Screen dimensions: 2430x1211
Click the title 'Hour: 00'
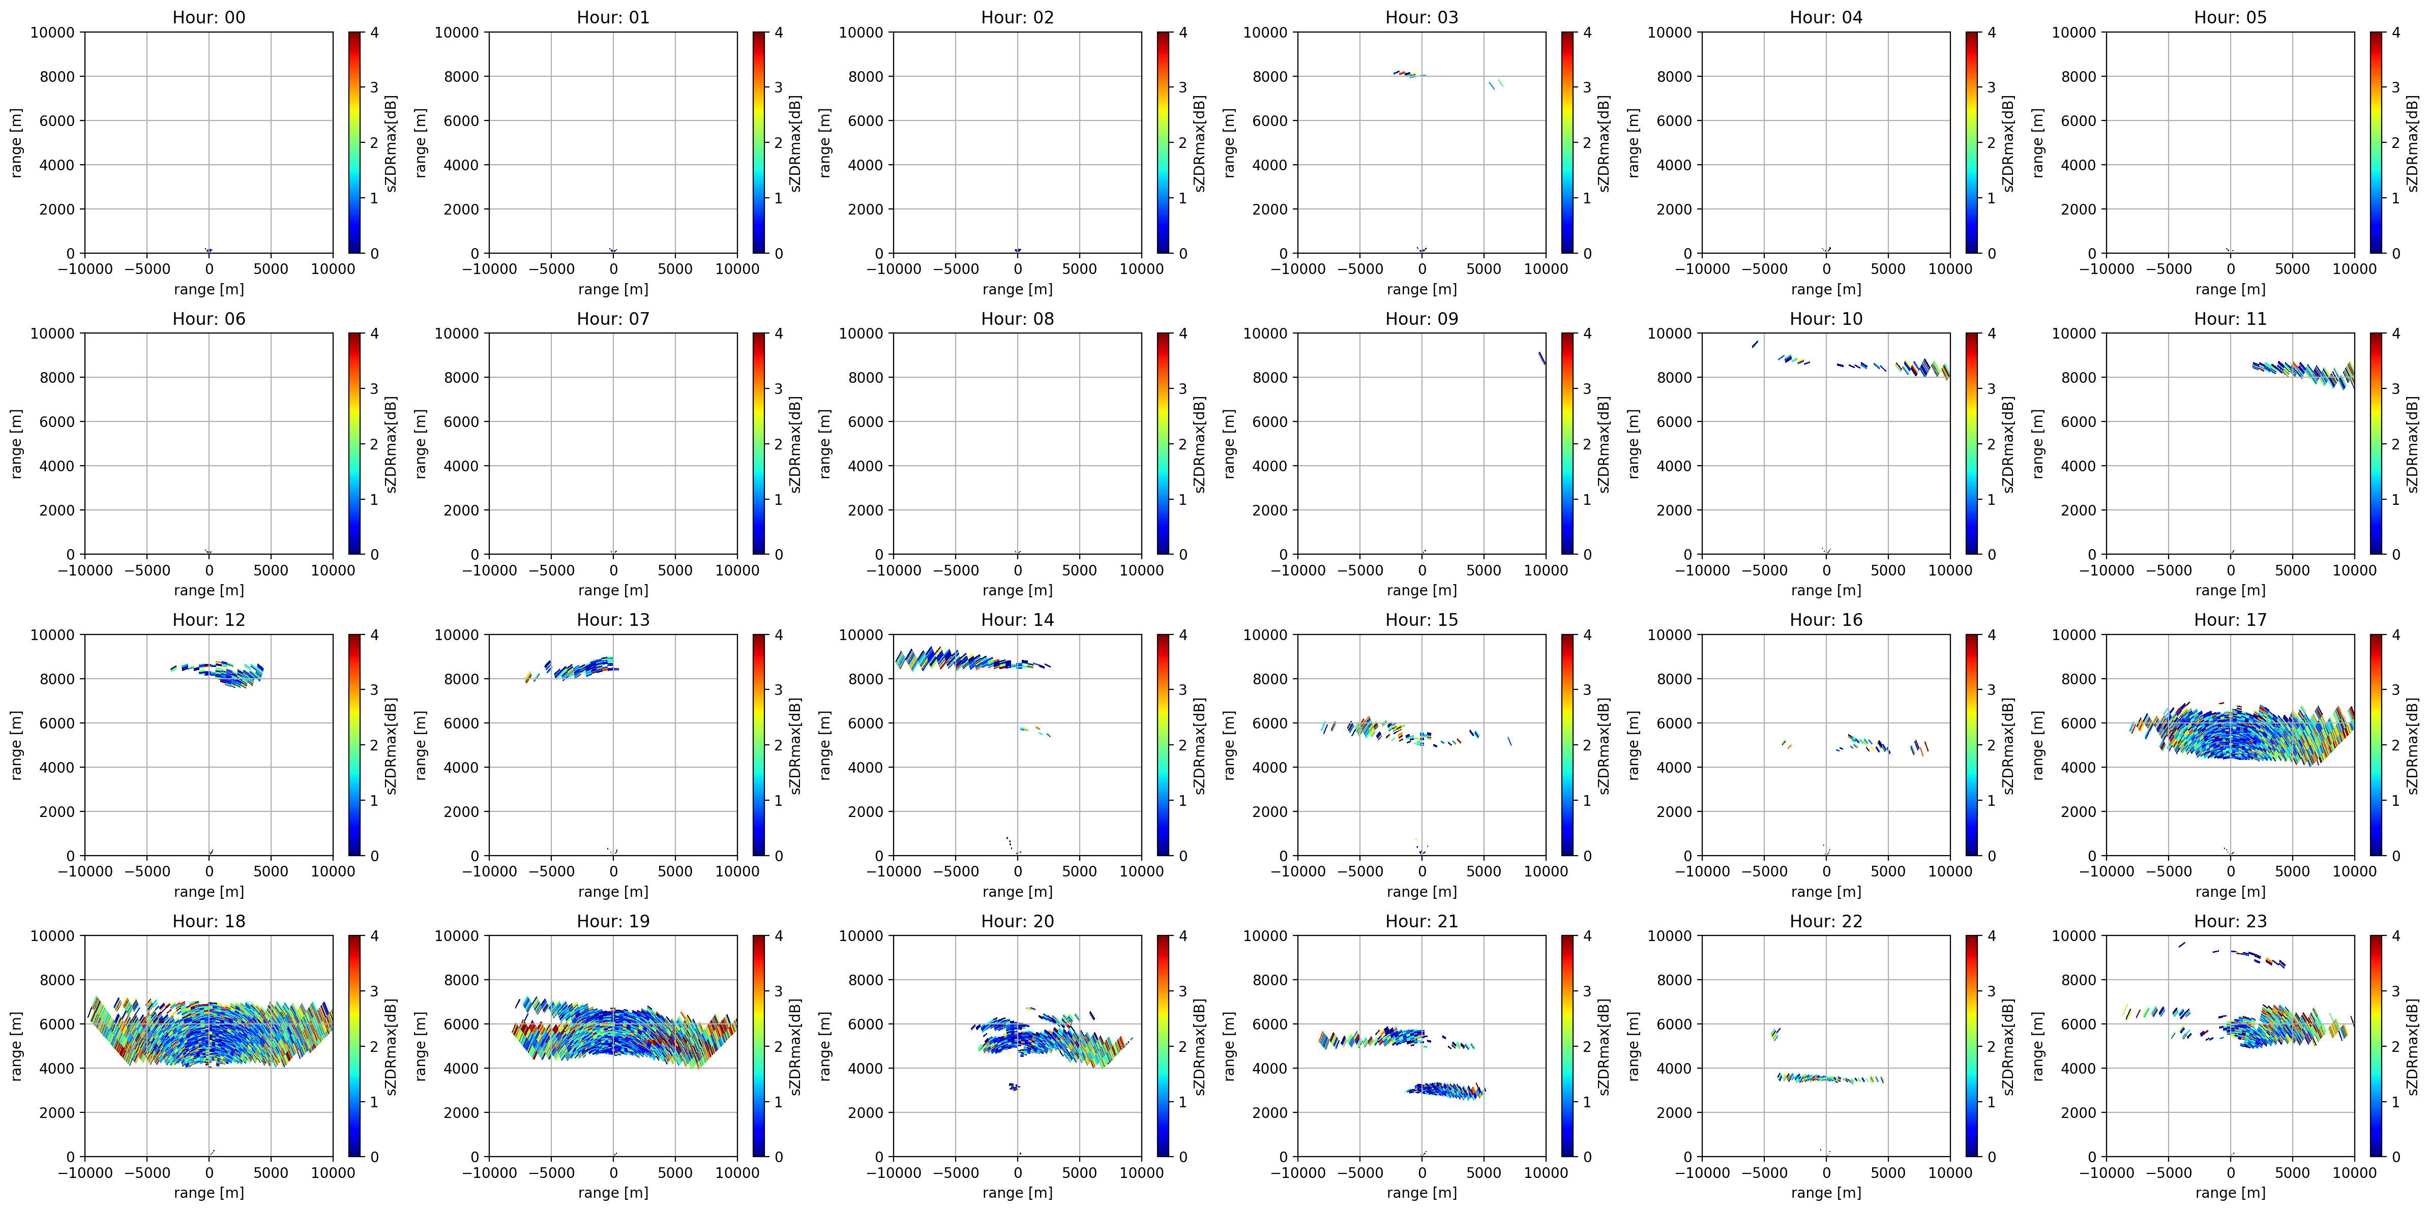pyautogui.click(x=209, y=17)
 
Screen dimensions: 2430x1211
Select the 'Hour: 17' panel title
pyautogui.click(x=2230, y=620)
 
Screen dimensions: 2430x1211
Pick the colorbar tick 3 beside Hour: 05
pyautogui.click(x=2394, y=87)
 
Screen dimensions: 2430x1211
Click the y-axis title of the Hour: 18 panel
pyautogui.click(x=17, y=1046)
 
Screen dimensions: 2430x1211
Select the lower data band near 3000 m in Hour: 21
pyautogui.click(x=1446, y=1091)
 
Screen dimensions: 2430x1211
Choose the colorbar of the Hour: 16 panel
pyautogui.click(x=1972, y=745)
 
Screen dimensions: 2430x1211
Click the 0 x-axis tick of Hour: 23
pyautogui.click(x=2230, y=1172)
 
